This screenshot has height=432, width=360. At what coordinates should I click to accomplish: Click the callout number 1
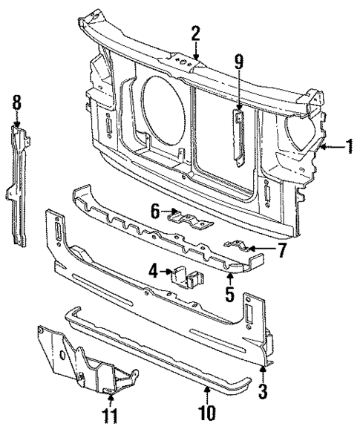point(347,147)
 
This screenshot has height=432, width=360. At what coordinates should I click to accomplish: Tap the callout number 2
point(195,33)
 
